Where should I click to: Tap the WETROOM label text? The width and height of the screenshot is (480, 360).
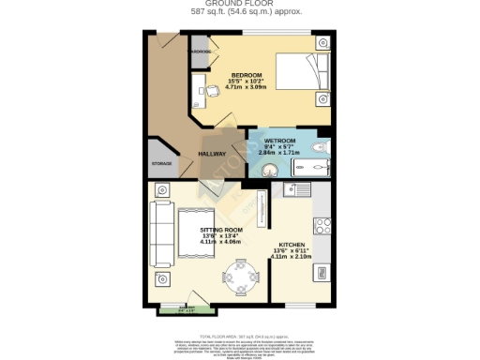[279, 141]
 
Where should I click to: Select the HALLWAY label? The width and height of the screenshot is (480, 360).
[211, 154]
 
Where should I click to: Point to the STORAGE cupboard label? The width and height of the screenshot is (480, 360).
[162, 163]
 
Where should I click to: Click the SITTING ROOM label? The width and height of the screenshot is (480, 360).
[221, 230]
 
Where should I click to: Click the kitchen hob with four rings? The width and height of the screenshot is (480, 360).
[322, 225]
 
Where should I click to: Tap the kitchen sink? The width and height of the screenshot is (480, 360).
[300, 190]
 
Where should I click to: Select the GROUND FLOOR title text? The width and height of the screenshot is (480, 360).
[239, 5]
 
